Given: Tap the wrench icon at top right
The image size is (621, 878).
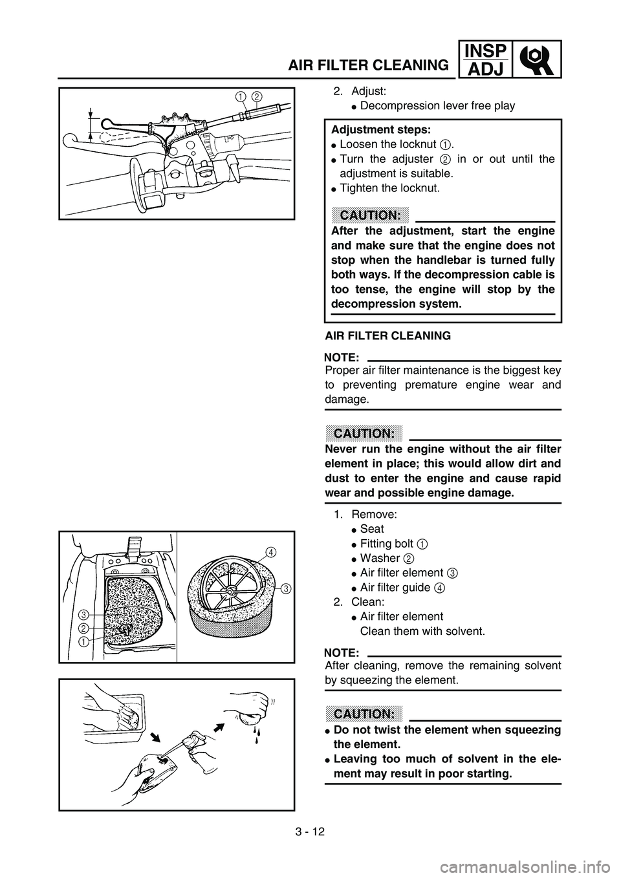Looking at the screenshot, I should point(536,59).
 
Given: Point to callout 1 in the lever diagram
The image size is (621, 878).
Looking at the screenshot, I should point(240,97).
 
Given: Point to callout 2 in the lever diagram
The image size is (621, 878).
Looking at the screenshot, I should point(256,97).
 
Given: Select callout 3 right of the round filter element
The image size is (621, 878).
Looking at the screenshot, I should point(285,588).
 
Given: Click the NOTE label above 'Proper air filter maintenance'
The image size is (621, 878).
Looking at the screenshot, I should point(342,356).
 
